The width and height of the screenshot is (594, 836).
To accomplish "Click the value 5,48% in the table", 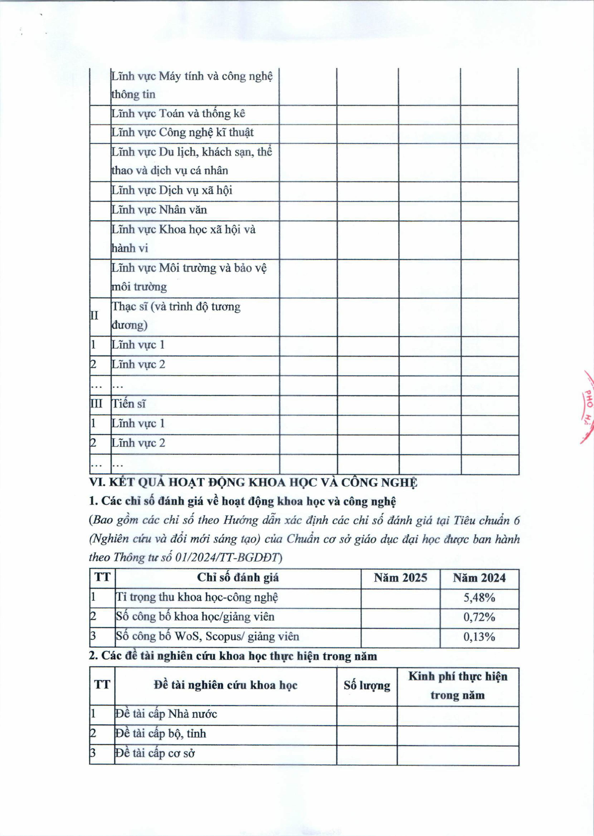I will click(479, 598).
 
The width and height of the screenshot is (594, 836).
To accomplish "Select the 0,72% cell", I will click(479, 617).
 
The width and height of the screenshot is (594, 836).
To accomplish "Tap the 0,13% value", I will click(479, 637).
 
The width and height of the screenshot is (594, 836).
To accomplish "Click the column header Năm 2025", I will click(400, 578).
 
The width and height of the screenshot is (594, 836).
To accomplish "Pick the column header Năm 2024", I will click(479, 578).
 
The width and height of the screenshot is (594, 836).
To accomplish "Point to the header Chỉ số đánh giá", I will click(238, 578).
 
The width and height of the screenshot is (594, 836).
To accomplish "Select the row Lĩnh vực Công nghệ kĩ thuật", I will click(182, 133).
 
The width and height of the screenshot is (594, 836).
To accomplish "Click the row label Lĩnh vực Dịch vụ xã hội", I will click(172, 190).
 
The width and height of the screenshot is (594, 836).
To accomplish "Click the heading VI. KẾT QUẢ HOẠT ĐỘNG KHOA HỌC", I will click(253, 483).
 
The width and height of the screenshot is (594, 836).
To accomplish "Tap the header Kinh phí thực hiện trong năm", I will click(458, 685).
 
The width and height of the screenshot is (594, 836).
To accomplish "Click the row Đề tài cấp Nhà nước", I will click(166, 714).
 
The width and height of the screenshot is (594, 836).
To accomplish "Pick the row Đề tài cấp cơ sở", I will click(155, 753).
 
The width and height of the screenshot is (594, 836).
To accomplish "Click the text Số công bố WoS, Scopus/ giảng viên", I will click(207, 637).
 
